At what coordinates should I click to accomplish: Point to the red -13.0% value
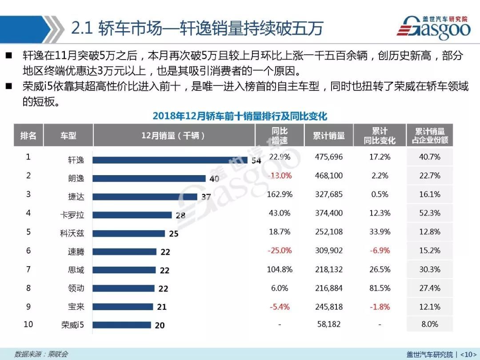pos(280,176)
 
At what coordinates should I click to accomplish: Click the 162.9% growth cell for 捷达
pos(280,194)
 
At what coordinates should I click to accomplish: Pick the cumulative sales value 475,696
pos(328,157)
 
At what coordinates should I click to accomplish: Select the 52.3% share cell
pos(429,213)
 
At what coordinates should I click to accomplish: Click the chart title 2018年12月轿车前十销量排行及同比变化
pos(240,116)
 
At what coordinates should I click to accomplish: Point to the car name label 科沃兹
pos(72,233)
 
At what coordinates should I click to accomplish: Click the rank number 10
pos(28,324)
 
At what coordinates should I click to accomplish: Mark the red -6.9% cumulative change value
pos(380,250)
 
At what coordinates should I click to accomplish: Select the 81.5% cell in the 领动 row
pos(380,288)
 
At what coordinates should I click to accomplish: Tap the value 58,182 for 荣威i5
pos(328,324)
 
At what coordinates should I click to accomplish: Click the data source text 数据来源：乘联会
pos(41,354)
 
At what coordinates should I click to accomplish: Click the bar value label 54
pos(256,160)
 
